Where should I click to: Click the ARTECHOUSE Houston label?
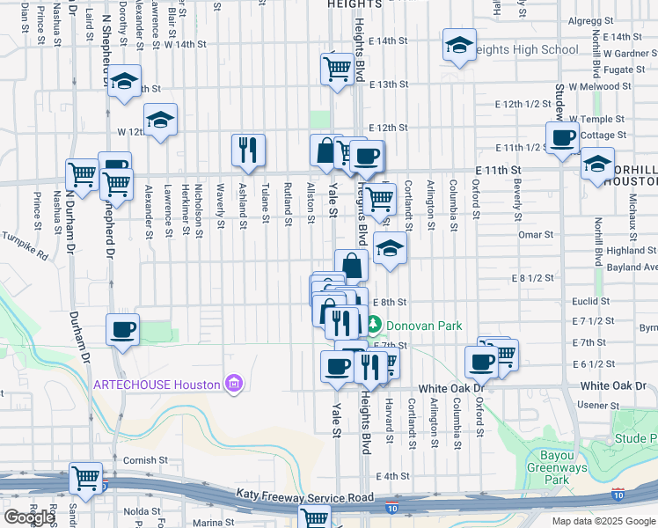click(157, 385)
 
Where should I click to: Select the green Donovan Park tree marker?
click(374, 326)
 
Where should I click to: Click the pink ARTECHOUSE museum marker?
click(233, 384)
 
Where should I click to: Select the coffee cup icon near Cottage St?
click(562, 137)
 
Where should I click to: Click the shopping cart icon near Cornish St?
click(87, 478)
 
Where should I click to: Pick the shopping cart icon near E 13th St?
click(338, 67)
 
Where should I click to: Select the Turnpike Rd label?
click(23, 244)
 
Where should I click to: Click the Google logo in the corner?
click(29, 517)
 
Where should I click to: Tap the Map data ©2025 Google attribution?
click(603, 521)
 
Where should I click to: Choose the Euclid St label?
click(589, 301)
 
